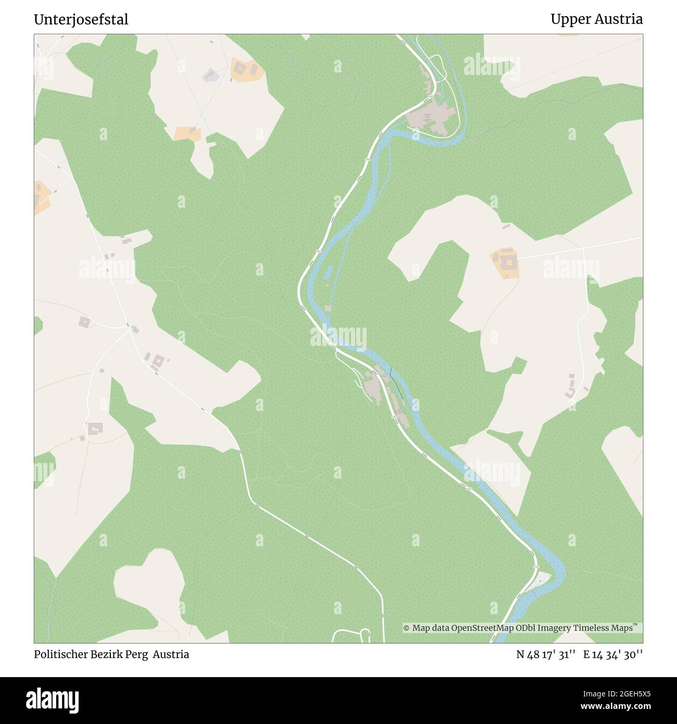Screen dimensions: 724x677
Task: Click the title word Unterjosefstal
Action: coord(81,20)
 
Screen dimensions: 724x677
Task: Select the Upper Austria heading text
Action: coord(596,20)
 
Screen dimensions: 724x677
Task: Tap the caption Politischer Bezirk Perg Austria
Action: coord(111,654)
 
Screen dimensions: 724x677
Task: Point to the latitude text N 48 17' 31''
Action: coord(545,655)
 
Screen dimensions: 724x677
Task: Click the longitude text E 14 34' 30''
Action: coord(613,655)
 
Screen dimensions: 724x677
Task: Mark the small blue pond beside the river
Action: coord(329,271)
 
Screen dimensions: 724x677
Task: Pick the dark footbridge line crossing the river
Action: coord(395,383)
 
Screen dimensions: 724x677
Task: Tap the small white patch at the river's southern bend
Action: coord(542,579)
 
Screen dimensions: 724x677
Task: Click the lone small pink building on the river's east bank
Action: coord(328,308)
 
